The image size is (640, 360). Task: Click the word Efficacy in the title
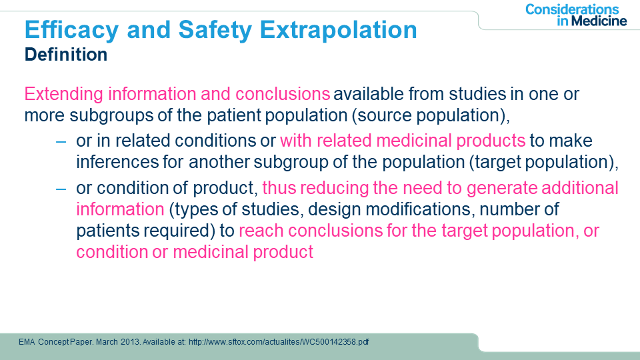point(71,31)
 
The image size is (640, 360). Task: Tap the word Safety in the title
point(215,31)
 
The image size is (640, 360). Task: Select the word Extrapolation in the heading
point(339,31)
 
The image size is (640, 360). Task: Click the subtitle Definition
point(66,54)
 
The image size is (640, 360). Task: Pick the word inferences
point(117,162)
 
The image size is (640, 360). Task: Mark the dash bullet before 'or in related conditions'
point(61,141)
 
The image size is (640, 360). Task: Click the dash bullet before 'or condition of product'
point(61,189)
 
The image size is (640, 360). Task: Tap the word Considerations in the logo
point(572,9)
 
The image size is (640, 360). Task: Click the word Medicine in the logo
point(599,21)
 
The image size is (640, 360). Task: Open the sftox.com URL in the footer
point(279,342)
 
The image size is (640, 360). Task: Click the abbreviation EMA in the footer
point(27,342)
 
